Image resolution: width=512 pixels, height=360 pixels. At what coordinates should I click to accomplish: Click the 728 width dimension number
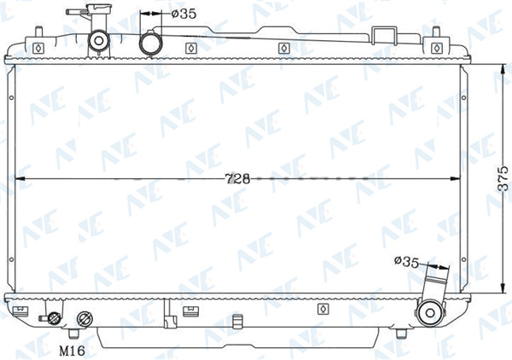[x=238, y=178]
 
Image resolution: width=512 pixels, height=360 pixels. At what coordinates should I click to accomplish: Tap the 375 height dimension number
[x=503, y=178]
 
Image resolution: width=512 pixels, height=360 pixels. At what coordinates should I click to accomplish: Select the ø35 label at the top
[x=183, y=14]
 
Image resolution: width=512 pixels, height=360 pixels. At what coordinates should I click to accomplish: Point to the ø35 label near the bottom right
[x=406, y=261]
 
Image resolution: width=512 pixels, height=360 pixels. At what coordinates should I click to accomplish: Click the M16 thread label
[x=73, y=351]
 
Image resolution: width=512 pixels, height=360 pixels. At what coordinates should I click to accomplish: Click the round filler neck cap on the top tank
[x=98, y=41]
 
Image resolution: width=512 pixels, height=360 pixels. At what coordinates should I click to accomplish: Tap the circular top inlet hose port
[x=151, y=44]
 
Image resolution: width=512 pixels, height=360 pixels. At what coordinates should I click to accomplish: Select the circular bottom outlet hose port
[x=430, y=313]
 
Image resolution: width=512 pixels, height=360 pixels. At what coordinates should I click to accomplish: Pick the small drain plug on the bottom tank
[x=54, y=318]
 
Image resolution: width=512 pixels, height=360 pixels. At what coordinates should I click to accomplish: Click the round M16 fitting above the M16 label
[x=84, y=319]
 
